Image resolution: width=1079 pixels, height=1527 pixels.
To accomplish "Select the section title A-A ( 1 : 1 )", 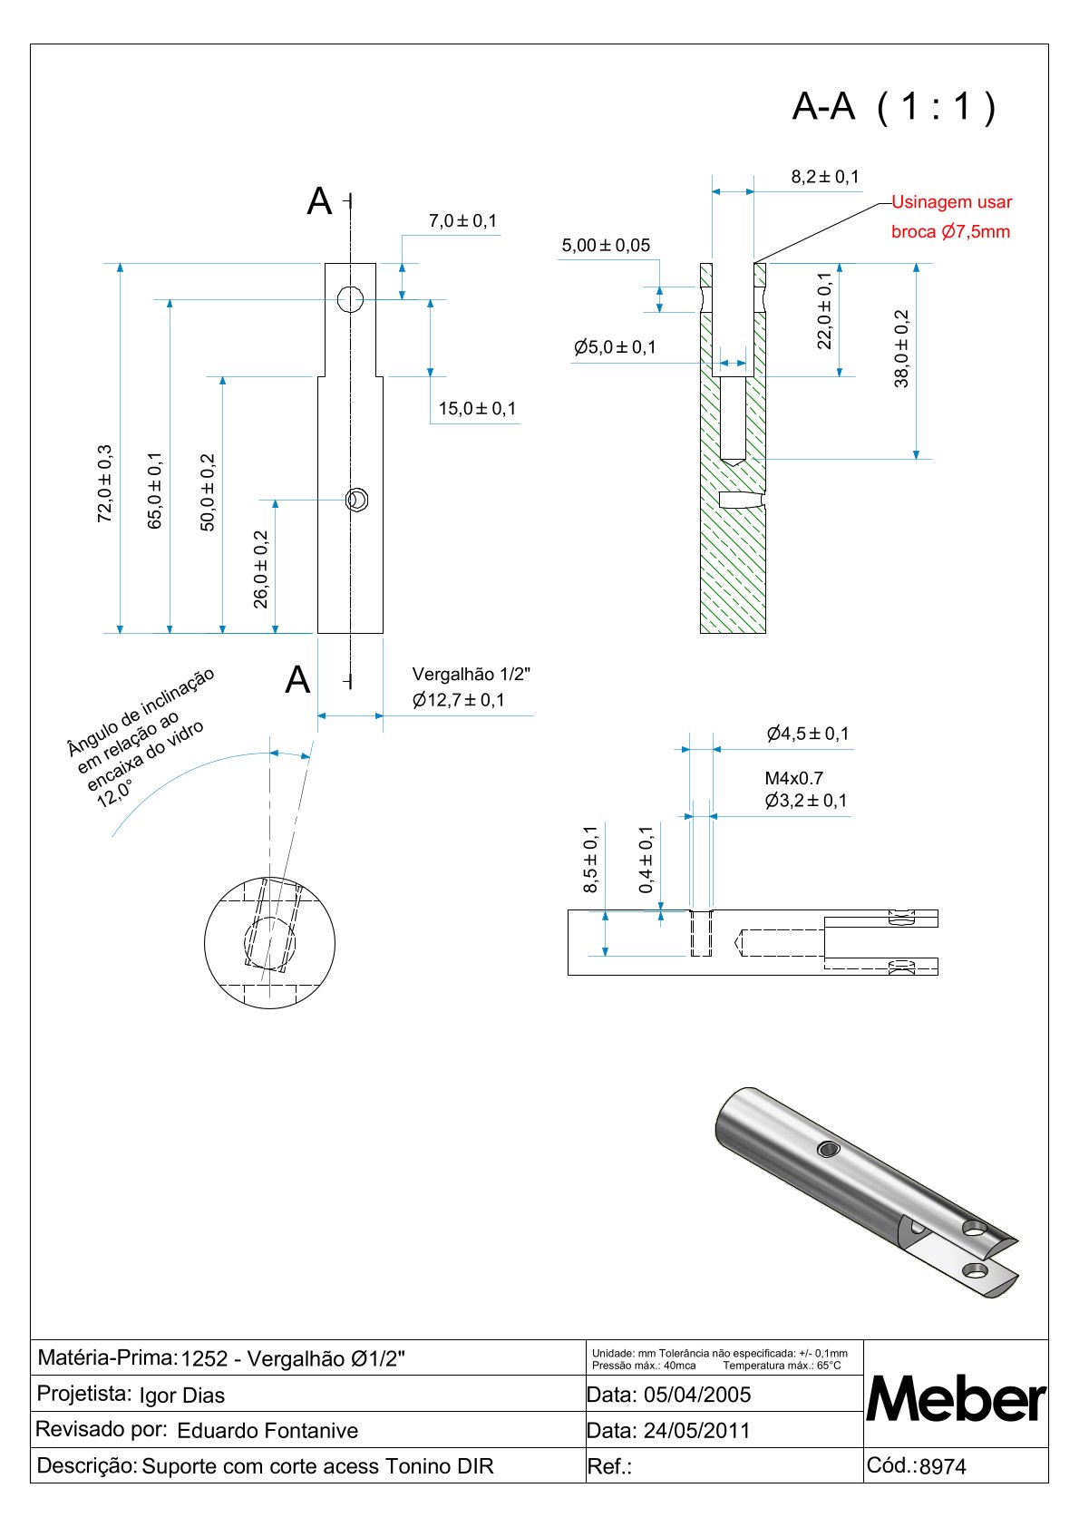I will click(894, 107).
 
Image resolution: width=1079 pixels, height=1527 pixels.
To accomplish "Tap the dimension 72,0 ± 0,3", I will click(105, 483).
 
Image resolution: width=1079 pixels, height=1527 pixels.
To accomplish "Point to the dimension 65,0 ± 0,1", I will click(156, 491).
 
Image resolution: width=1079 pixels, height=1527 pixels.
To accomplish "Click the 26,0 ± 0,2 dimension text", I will click(261, 569).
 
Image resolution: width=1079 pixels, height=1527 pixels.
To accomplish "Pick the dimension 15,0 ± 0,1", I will click(477, 409).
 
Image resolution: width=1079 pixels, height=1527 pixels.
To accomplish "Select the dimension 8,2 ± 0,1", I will click(825, 177).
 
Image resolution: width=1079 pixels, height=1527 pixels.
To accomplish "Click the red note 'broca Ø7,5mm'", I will click(950, 231).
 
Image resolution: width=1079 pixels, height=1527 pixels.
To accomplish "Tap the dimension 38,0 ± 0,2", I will click(901, 349).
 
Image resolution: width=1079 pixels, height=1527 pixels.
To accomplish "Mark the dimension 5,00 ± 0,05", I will click(606, 246).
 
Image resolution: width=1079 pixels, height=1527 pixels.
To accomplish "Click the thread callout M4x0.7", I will click(793, 778).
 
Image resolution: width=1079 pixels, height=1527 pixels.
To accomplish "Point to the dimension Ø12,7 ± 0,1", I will click(458, 700).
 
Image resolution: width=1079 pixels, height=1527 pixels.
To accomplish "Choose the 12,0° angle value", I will click(114, 793).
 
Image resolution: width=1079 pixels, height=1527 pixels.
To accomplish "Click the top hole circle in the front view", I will click(350, 298).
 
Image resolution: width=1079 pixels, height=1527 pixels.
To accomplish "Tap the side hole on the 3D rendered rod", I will click(828, 1150).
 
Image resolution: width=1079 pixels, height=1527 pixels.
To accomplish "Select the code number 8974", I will click(943, 1466).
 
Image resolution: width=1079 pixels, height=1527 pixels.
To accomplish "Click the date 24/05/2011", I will click(696, 1431).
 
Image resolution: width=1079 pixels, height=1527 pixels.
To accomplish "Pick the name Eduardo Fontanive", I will click(267, 1431).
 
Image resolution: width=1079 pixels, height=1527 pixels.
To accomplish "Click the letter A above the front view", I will click(319, 201).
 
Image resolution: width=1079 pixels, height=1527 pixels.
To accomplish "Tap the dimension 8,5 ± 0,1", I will click(590, 859).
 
